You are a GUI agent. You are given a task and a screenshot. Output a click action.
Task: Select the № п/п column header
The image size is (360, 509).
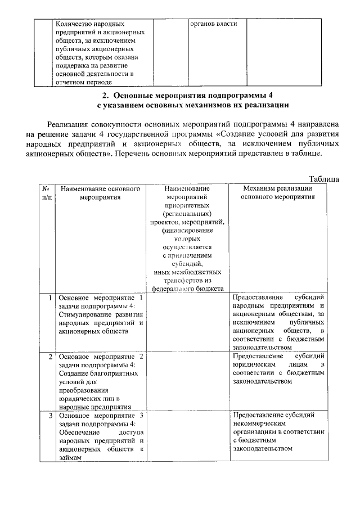point(47,193)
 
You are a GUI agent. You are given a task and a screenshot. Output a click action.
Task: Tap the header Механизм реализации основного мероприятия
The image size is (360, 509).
point(277,193)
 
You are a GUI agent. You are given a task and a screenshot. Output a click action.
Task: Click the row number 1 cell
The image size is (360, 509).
point(51,298)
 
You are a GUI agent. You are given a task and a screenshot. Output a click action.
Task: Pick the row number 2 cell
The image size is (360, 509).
point(51,357)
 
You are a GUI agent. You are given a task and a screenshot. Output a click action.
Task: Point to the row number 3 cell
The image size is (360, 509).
point(51,416)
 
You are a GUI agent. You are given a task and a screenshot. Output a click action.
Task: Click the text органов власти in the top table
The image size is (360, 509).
point(213,24)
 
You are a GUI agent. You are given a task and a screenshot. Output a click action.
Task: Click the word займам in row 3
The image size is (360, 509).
point(70,458)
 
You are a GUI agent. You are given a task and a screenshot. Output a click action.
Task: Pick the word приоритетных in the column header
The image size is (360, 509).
point(187,206)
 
